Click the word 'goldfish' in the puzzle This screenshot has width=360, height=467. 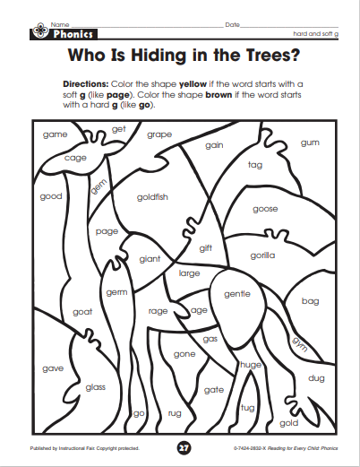pyautogui.click(x=152, y=197)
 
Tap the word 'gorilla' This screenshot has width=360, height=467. pyautogui.click(x=262, y=255)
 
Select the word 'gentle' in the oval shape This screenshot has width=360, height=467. pyautogui.click(x=237, y=294)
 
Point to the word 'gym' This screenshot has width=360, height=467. pyautogui.click(x=300, y=344)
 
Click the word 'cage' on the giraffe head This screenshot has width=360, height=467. pyautogui.click(x=75, y=158)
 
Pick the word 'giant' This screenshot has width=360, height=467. pyautogui.click(x=150, y=259)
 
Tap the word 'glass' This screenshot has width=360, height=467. pyautogui.click(x=96, y=387)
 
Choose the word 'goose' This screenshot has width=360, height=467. pyautogui.click(x=265, y=209)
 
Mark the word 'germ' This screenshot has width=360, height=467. pyautogui.click(x=116, y=292)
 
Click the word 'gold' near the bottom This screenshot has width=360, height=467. pyautogui.click(x=289, y=423)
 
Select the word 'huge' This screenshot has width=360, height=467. pyautogui.click(x=251, y=365)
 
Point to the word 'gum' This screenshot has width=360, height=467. pyautogui.click(x=310, y=143)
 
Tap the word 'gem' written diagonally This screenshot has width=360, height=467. pyautogui.click(x=99, y=186)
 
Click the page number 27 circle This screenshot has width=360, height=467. pyautogui.click(x=184, y=448)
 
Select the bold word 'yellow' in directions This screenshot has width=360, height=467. pyautogui.click(x=193, y=84)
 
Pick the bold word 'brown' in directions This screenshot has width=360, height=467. pyautogui.click(x=219, y=95)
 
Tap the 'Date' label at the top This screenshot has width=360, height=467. pyautogui.click(x=233, y=25)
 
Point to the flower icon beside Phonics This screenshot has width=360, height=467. pyautogui.click(x=39, y=30)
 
